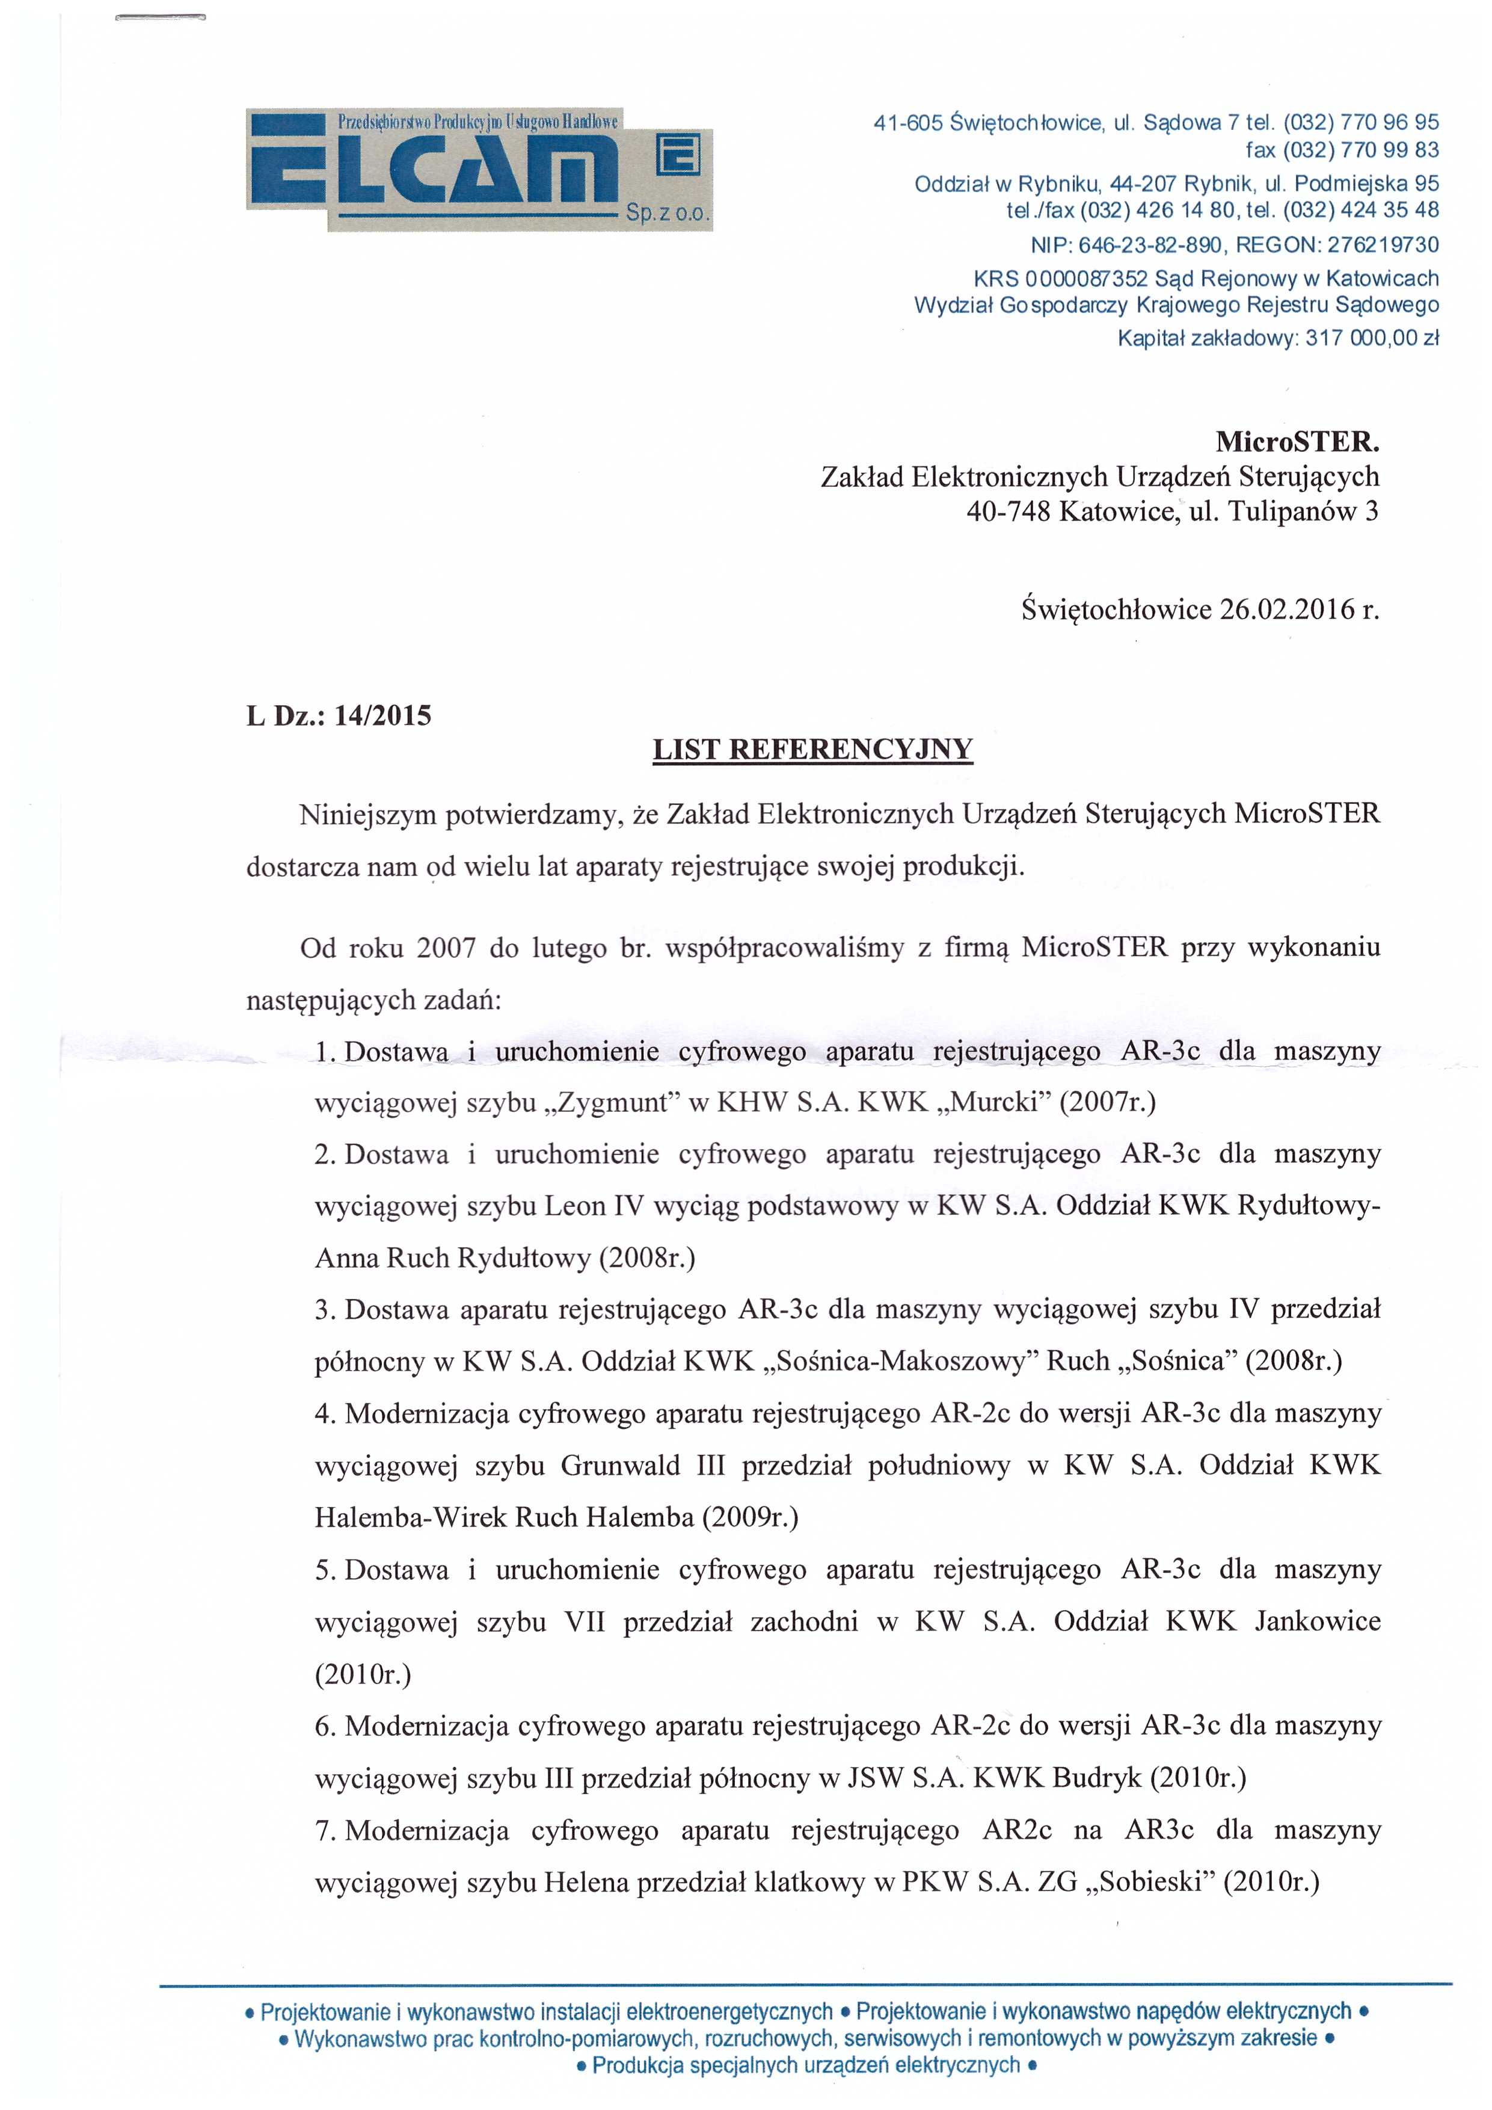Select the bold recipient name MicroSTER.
pyautogui.click(x=1297, y=442)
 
